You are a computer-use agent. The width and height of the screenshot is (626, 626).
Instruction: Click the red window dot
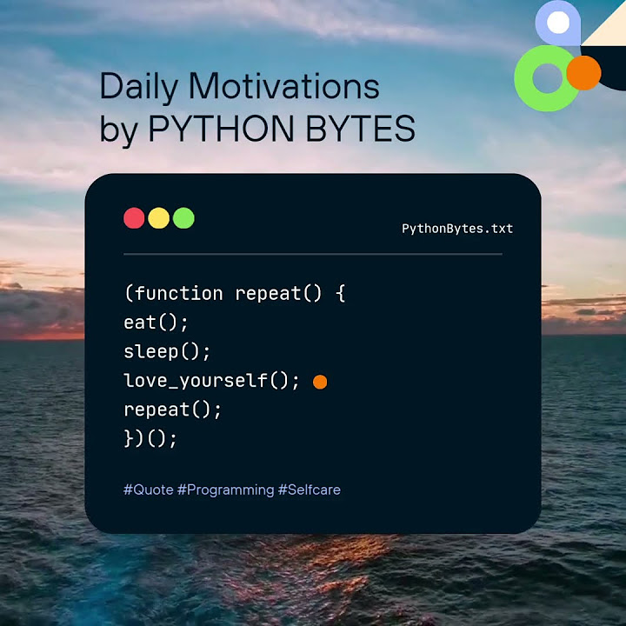(134, 218)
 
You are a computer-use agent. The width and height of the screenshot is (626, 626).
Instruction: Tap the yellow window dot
(158, 218)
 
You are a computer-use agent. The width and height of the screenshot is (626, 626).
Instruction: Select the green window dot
(183, 218)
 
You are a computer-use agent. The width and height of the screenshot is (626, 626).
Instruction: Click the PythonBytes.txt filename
(457, 229)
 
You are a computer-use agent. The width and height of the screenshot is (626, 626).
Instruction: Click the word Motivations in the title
(284, 87)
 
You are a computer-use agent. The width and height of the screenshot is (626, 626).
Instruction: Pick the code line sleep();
(168, 352)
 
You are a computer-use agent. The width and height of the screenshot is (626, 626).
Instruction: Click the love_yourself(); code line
(211, 381)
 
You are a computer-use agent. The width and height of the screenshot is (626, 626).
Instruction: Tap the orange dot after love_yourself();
(320, 382)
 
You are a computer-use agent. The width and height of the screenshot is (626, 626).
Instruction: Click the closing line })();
(150, 438)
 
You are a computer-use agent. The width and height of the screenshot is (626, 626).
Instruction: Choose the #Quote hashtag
(148, 489)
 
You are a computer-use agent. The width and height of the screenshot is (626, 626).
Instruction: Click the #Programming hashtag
(225, 489)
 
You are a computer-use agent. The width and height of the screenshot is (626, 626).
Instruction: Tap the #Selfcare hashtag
(309, 489)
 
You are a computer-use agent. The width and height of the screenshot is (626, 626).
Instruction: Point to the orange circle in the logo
(583, 73)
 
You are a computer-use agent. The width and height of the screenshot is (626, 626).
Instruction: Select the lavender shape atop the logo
(558, 22)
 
